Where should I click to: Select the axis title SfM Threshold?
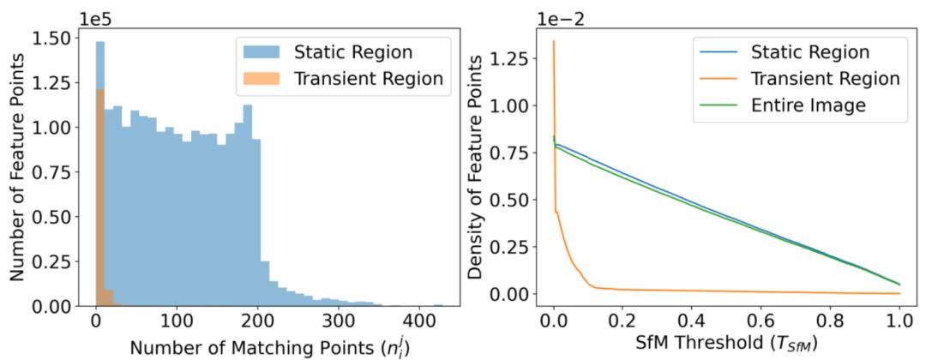pos(726,345)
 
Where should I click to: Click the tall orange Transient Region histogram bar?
pos(99,197)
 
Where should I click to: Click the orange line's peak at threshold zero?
pos(554,41)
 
